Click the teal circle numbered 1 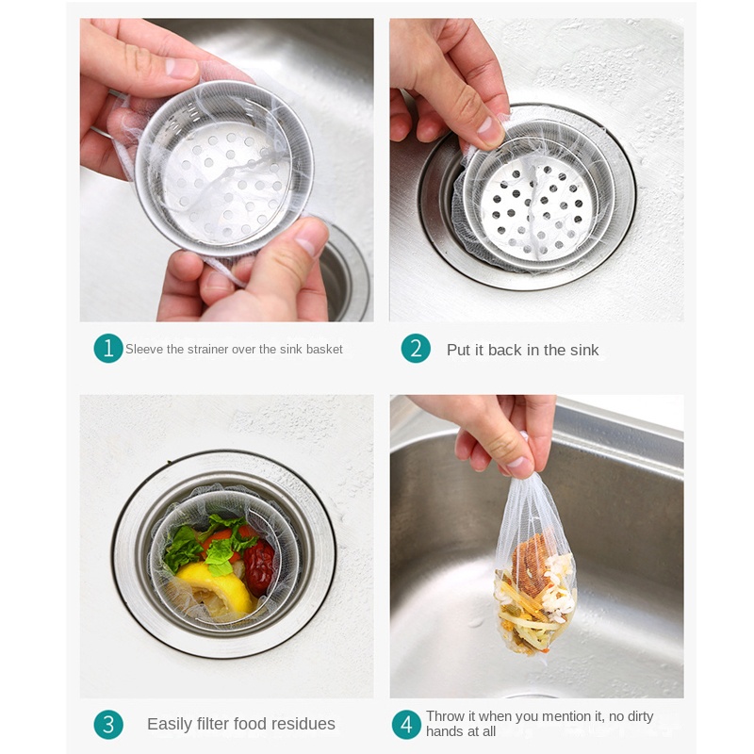tap(108, 349)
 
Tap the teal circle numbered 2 tap(416, 349)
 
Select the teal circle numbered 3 tap(108, 724)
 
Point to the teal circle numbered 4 tap(406, 724)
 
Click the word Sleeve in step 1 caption tap(144, 350)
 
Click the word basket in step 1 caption tap(324, 350)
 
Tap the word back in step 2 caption tap(504, 350)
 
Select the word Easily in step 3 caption tap(170, 724)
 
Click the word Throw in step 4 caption tap(444, 717)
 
